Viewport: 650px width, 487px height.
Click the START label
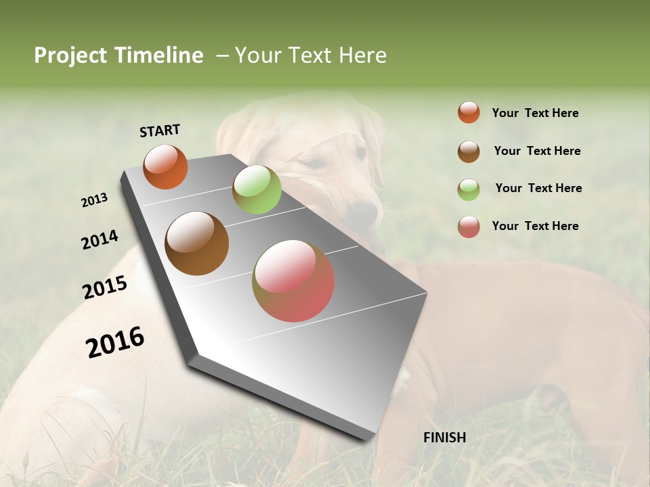pos(160,131)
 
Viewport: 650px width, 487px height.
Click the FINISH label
pos(444,438)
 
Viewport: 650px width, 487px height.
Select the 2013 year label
pos(94,200)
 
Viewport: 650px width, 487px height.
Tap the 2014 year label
pos(100,240)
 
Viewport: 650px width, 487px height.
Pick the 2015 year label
pos(105,287)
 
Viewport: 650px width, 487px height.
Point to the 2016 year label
pos(115,342)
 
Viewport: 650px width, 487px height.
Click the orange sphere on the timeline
pos(165,166)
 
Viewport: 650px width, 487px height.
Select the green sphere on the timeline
pos(257,189)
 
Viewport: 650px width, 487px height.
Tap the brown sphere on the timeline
pos(197,243)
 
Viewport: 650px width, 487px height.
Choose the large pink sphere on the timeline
pos(293,281)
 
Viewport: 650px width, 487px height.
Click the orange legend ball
pos(469,113)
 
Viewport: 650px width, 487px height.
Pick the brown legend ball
pos(469,152)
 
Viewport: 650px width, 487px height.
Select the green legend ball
pos(469,189)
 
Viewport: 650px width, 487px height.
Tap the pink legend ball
pos(469,227)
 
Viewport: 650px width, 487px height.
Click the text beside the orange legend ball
pos(535,114)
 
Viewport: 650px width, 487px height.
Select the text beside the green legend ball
pos(538,188)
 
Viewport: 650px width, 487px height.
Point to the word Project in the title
pos(71,55)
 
